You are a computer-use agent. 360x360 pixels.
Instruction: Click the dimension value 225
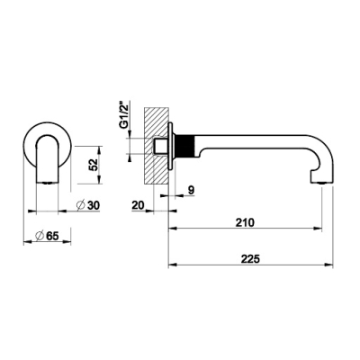click(251, 259)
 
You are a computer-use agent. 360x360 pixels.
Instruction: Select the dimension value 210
click(246, 222)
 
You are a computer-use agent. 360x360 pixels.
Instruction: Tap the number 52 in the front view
click(94, 165)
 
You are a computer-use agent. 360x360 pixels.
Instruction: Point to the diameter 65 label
click(47, 236)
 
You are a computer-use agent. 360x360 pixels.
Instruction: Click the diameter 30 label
click(88, 205)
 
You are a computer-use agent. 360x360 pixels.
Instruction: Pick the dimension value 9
click(192, 190)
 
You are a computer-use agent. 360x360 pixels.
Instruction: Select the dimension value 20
click(139, 205)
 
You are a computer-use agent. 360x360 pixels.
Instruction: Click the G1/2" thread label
click(123, 115)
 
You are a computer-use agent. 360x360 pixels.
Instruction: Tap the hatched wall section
click(156, 145)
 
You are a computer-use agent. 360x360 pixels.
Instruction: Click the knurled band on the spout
click(185, 146)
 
